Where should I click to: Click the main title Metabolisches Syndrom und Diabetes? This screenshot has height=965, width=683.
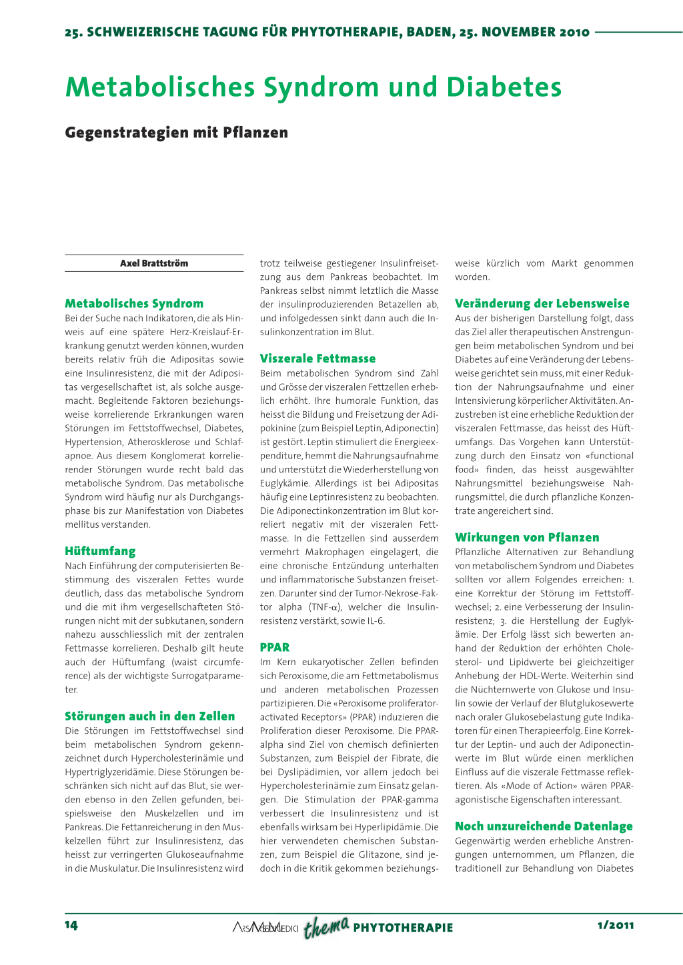(x=313, y=87)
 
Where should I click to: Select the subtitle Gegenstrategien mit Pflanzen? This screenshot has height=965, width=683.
(x=176, y=133)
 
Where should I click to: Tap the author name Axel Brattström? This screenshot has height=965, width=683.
(x=154, y=263)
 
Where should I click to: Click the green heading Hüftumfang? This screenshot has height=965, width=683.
(x=100, y=551)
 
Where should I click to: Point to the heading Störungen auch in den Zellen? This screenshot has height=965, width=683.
(x=149, y=716)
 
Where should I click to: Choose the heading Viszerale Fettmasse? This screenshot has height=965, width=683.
(x=317, y=359)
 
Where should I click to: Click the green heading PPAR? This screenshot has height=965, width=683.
(x=274, y=647)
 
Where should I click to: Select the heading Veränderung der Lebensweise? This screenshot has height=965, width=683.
(x=542, y=304)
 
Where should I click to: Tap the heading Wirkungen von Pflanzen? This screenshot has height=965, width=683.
(x=527, y=537)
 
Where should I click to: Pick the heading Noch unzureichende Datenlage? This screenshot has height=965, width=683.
(x=544, y=826)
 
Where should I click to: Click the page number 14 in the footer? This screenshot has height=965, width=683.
(x=71, y=925)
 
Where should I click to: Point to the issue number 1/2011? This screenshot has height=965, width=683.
(x=616, y=925)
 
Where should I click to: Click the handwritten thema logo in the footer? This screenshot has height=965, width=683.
(x=326, y=926)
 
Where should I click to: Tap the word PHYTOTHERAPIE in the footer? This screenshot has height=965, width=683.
(x=403, y=928)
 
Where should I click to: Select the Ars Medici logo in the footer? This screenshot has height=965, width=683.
(x=265, y=928)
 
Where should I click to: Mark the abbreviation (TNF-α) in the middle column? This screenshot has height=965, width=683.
(x=324, y=607)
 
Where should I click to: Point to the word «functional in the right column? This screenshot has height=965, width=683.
(x=609, y=456)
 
